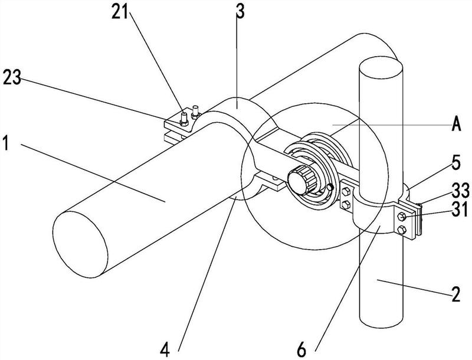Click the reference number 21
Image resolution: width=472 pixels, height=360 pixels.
[120, 13]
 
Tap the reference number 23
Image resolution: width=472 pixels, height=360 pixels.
[12, 78]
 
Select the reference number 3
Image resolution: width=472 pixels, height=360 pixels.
[240, 11]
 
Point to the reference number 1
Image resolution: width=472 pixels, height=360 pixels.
[6, 143]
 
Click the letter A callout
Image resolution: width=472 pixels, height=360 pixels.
[456, 124]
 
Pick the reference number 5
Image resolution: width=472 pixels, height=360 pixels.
[456, 162]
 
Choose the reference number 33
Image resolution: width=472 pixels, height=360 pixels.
[461, 190]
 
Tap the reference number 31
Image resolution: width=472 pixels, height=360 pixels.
[460, 209]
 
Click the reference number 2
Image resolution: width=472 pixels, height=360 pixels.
[455, 294]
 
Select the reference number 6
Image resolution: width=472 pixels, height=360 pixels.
[301, 350]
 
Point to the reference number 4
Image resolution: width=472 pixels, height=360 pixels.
[165, 350]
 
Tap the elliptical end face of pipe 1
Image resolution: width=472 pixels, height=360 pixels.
[80, 244]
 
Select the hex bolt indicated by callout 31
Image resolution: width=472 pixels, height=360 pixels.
[402, 216]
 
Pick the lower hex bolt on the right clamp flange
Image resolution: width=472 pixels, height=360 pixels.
[402, 230]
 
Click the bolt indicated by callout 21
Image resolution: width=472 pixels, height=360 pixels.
[184, 119]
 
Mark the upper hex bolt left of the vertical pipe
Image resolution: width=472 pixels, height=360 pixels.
[346, 191]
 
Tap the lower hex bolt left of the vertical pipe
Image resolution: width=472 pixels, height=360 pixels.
[346, 205]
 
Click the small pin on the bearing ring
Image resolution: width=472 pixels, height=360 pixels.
[330, 187]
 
